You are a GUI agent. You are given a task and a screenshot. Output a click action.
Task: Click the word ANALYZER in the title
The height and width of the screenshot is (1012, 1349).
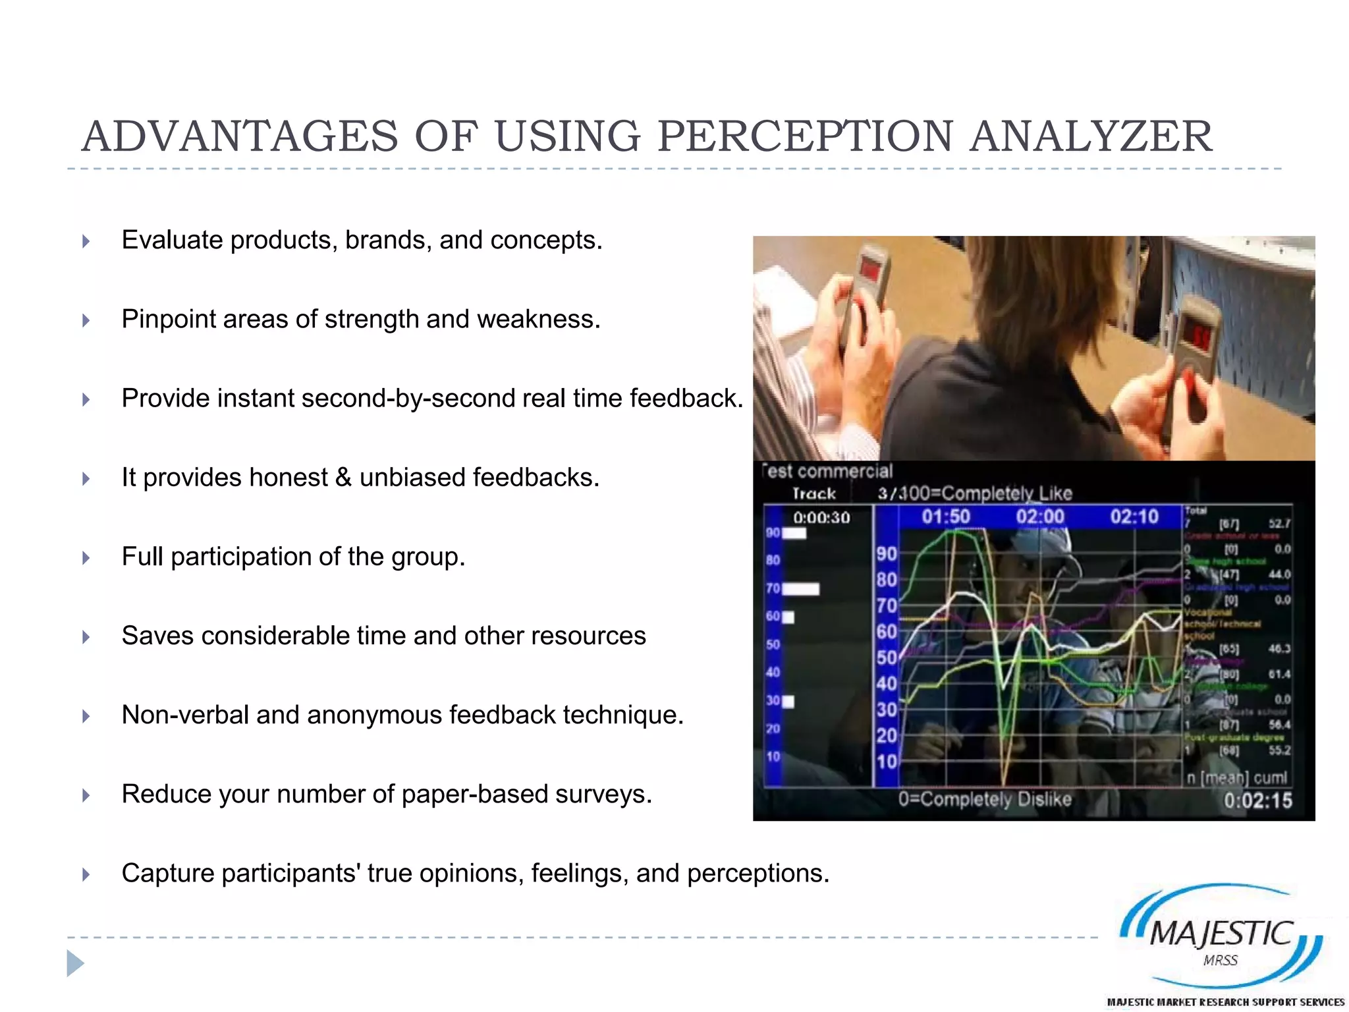coord(1090,136)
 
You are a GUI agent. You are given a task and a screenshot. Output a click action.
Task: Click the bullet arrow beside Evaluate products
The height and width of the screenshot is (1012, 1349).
coord(86,241)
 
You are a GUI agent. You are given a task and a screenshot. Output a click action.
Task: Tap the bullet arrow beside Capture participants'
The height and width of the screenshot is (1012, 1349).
coord(86,874)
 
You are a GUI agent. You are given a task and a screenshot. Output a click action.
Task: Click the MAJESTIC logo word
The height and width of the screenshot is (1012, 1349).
coord(1221,933)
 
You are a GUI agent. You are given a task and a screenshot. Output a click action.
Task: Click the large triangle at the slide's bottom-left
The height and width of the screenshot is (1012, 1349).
coord(75,963)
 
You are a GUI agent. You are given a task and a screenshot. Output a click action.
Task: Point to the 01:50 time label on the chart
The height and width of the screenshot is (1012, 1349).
coord(946,517)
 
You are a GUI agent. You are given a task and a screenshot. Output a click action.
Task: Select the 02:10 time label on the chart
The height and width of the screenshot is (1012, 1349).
coord(1134,517)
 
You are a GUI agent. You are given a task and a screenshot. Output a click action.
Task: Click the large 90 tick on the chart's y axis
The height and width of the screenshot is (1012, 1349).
coord(887,553)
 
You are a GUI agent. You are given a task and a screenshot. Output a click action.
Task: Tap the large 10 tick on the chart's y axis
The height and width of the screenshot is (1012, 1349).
coord(887,762)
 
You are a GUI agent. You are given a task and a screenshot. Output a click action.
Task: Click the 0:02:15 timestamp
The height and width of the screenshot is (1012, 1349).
coord(1257,801)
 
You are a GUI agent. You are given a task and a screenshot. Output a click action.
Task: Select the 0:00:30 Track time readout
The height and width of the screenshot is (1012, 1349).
coord(821,518)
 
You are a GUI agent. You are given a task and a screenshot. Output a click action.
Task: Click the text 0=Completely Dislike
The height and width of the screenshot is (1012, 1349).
coord(985,799)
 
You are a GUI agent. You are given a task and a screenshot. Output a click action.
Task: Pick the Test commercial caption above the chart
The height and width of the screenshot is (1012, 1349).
coord(827,472)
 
